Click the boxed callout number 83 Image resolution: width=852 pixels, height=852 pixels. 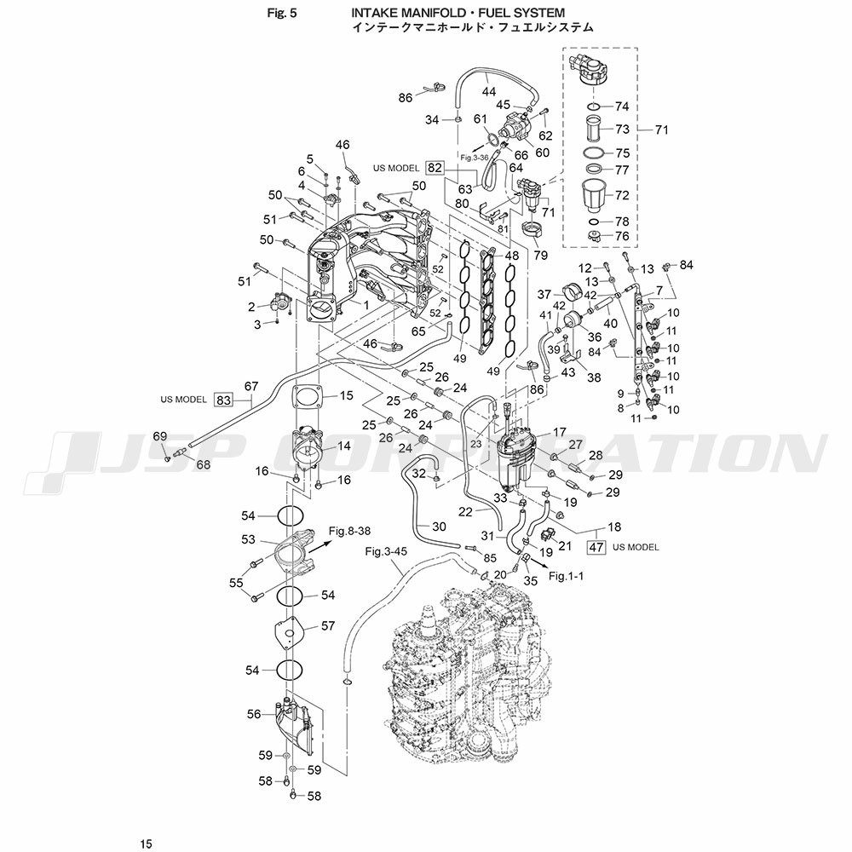point(223,399)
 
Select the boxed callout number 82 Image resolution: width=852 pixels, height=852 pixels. point(435,168)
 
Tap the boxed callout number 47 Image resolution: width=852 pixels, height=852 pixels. point(596,547)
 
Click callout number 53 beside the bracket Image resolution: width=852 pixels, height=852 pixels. point(248,539)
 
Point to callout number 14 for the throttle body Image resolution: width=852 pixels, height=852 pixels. point(343,446)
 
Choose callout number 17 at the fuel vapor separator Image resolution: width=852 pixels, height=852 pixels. point(559,432)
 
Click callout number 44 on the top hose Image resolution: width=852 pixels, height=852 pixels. point(489,91)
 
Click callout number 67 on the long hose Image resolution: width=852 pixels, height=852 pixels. point(250,386)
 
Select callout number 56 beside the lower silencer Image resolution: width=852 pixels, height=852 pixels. point(253,715)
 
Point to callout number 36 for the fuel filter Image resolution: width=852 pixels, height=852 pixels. point(595,337)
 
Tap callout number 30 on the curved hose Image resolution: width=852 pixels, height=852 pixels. point(440,526)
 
